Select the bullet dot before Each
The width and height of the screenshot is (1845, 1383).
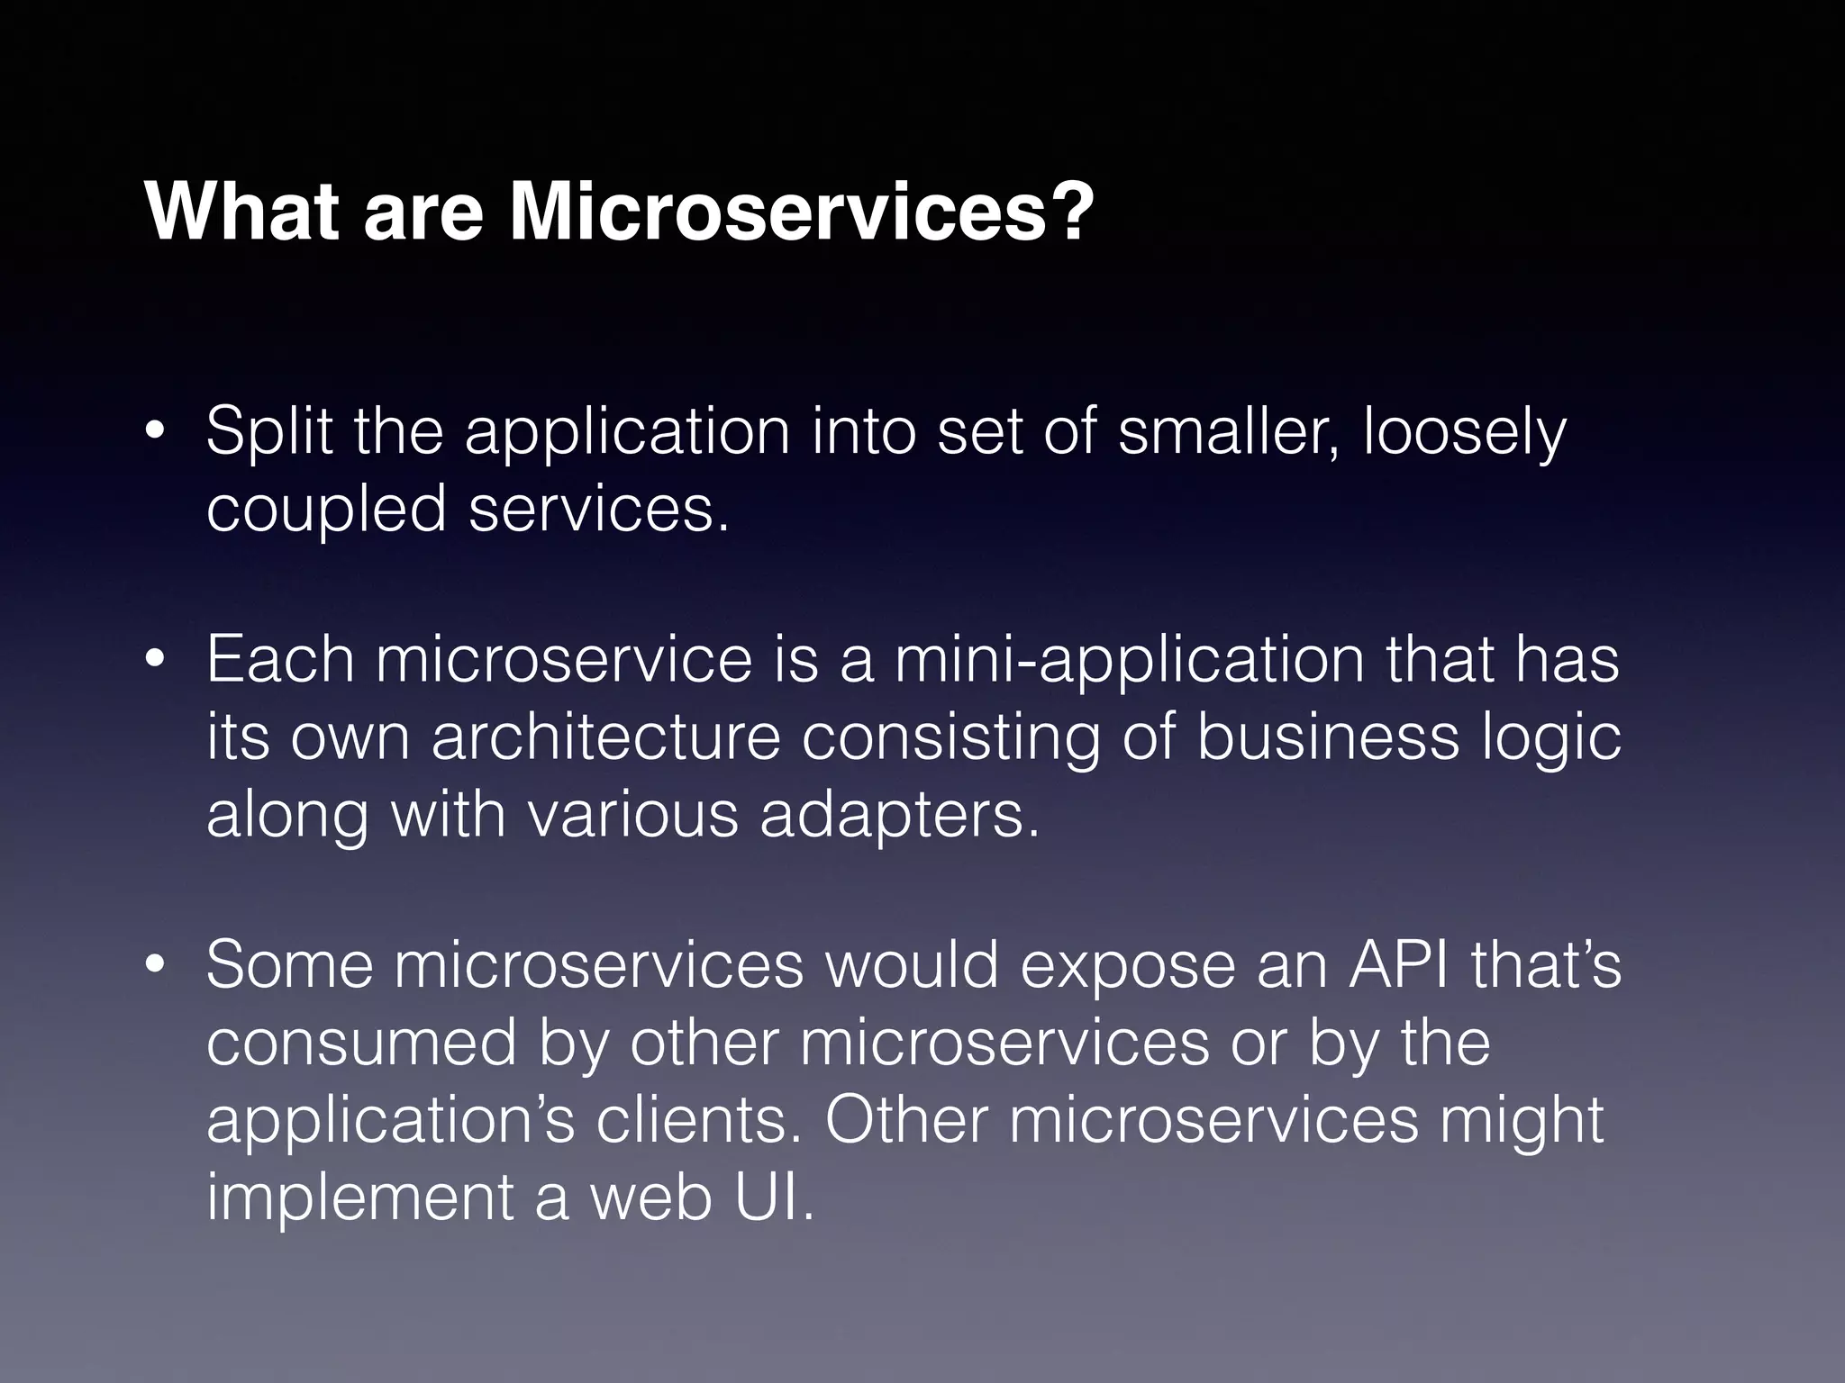click(x=155, y=661)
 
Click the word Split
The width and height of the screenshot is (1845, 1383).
click(x=269, y=432)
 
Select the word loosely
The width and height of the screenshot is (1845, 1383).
click(x=1465, y=434)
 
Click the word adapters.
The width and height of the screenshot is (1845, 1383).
click(x=899, y=814)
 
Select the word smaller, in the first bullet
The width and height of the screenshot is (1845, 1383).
click(x=1231, y=432)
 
